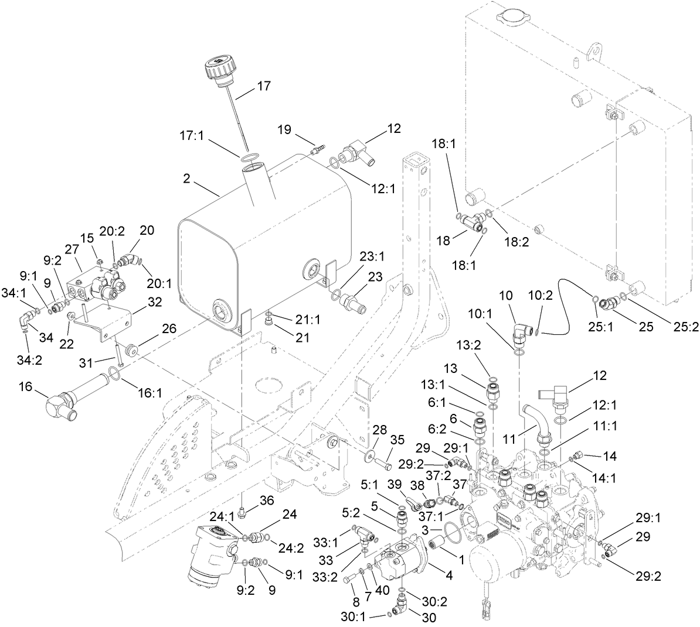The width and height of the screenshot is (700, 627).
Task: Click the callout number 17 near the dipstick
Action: click(264, 86)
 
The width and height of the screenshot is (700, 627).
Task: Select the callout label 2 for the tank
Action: click(186, 179)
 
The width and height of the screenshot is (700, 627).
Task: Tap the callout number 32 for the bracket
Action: click(139, 303)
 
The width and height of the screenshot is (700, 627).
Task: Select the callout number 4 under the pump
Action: click(448, 575)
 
